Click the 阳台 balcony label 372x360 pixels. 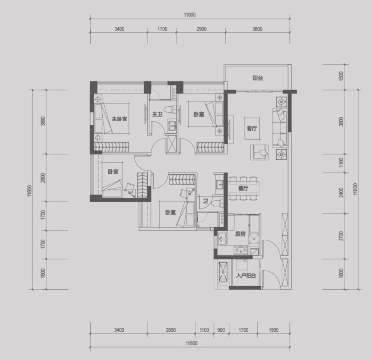pyautogui.click(x=257, y=78)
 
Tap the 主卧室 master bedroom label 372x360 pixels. pyautogui.click(x=120, y=119)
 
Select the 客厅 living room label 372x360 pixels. pyautogui.click(x=251, y=128)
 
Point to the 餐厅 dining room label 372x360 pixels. pyautogui.click(x=243, y=188)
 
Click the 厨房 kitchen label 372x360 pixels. pyautogui.click(x=240, y=234)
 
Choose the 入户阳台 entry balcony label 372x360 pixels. pyautogui.click(x=246, y=275)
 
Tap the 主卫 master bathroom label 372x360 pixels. pyautogui.click(x=157, y=114)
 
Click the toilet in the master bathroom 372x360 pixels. pyautogui.click(x=170, y=110)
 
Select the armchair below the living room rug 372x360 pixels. pyautogui.click(x=260, y=152)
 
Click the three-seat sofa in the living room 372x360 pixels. pyautogui.click(x=280, y=128)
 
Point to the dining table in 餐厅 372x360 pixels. pyautogui.click(x=244, y=188)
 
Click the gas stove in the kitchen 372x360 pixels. pyautogui.click(x=241, y=250)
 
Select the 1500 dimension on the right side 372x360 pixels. pyautogui.click(x=341, y=76)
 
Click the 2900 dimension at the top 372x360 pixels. pyautogui.click(x=201, y=29)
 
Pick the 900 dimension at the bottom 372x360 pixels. pyautogui.click(x=221, y=330)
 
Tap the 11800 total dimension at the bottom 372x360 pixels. pyautogui.click(x=191, y=343)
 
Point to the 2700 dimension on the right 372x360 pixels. pyautogui.click(x=341, y=236)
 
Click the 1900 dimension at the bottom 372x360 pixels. pyautogui.click(x=274, y=330)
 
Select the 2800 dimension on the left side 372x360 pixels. pyautogui.click(x=43, y=178)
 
